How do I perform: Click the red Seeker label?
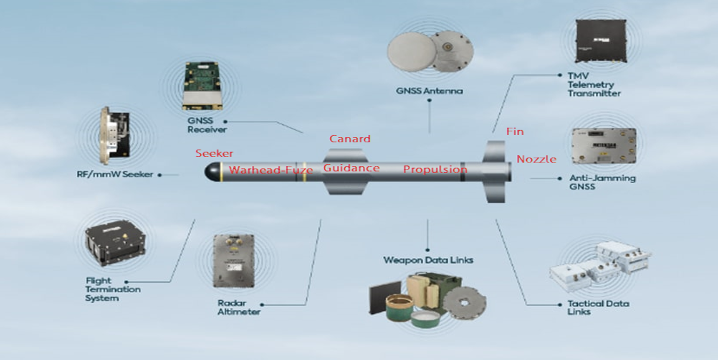click(x=214, y=153)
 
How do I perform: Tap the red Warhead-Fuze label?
click(x=271, y=170)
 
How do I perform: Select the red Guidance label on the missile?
click(x=351, y=168)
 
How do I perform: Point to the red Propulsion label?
click(x=435, y=169)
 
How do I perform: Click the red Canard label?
click(x=349, y=139)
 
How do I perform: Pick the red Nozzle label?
click(x=536, y=159)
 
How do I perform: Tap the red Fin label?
click(x=515, y=132)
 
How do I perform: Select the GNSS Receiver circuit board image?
click(x=202, y=86)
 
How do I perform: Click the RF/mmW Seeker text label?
click(x=115, y=175)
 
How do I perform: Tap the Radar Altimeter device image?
click(x=234, y=261)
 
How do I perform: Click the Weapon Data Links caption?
click(x=428, y=260)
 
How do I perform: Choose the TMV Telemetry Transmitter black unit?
click(x=601, y=41)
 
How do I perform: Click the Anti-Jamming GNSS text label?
click(x=602, y=182)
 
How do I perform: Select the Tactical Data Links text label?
click(x=598, y=307)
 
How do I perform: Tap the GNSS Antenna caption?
click(x=429, y=91)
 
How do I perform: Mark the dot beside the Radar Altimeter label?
click(x=262, y=305)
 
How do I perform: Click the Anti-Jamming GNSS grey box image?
click(x=604, y=146)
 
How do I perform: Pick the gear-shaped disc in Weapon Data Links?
click(x=464, y=302)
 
